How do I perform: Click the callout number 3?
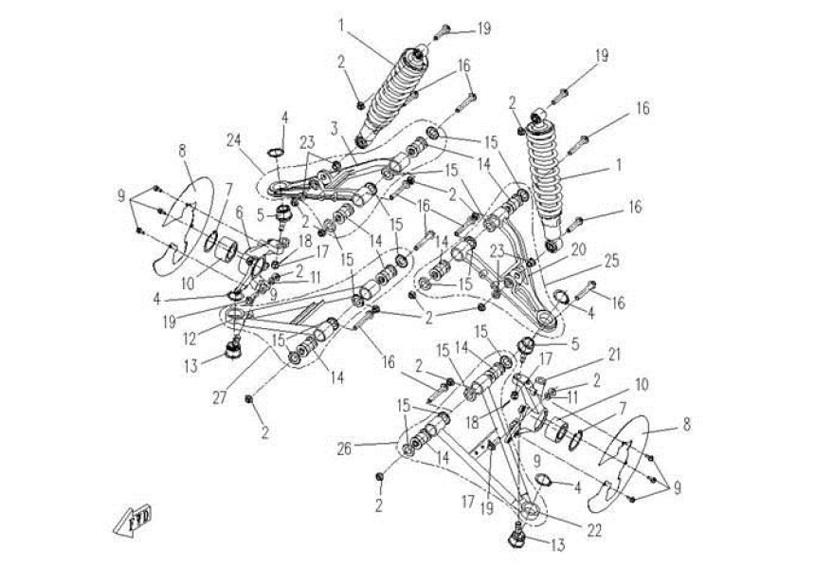[335, 127]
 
